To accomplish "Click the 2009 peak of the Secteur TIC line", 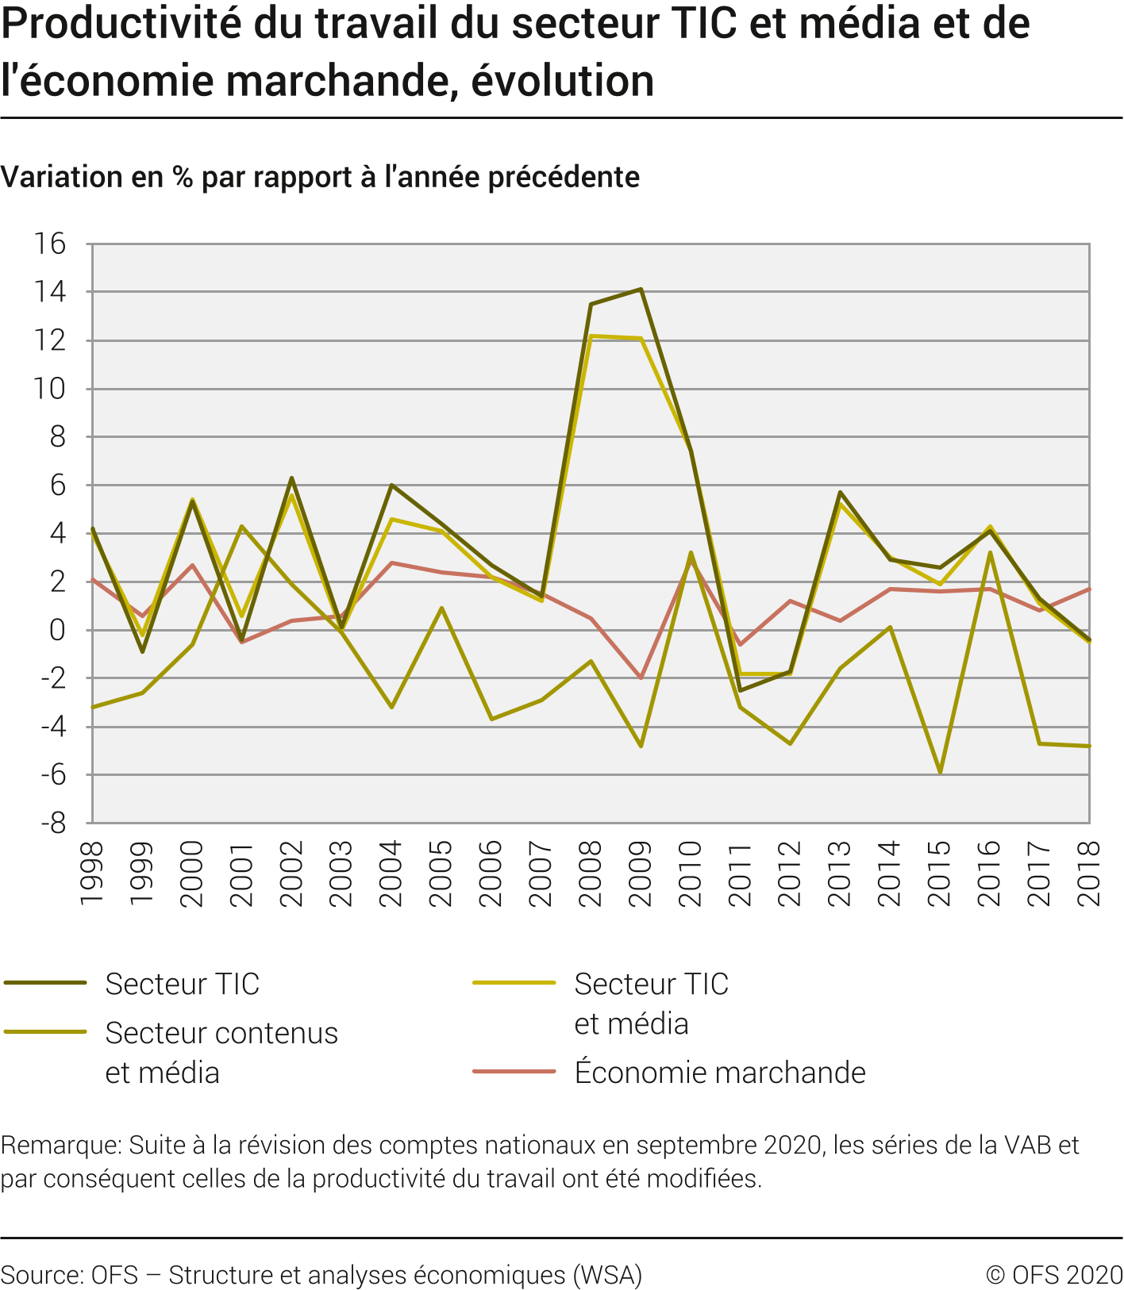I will [641, 290].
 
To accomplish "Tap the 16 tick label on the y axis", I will [49, 244].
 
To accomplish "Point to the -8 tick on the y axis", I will [53, 824].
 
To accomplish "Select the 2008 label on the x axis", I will [591, 873].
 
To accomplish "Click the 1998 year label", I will [92, 873].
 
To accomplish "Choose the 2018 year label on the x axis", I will [1089, 873].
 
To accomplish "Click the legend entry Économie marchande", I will [719, 1073].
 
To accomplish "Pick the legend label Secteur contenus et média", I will [221, 1053].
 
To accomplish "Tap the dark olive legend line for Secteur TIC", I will [45, 983].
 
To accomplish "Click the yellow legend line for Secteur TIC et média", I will [514, 983].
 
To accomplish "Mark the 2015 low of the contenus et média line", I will [940, 772].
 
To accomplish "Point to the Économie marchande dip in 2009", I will [641, 678].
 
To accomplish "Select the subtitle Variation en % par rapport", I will [320, 177].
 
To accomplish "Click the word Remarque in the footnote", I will [60, 1145].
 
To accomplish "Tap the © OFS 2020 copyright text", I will [1053, 1275].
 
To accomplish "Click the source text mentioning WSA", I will [321, 1275].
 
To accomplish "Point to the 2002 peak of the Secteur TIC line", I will [291, 478].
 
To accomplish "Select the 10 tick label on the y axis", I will [49, 389].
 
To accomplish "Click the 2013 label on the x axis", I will [840, 873].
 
